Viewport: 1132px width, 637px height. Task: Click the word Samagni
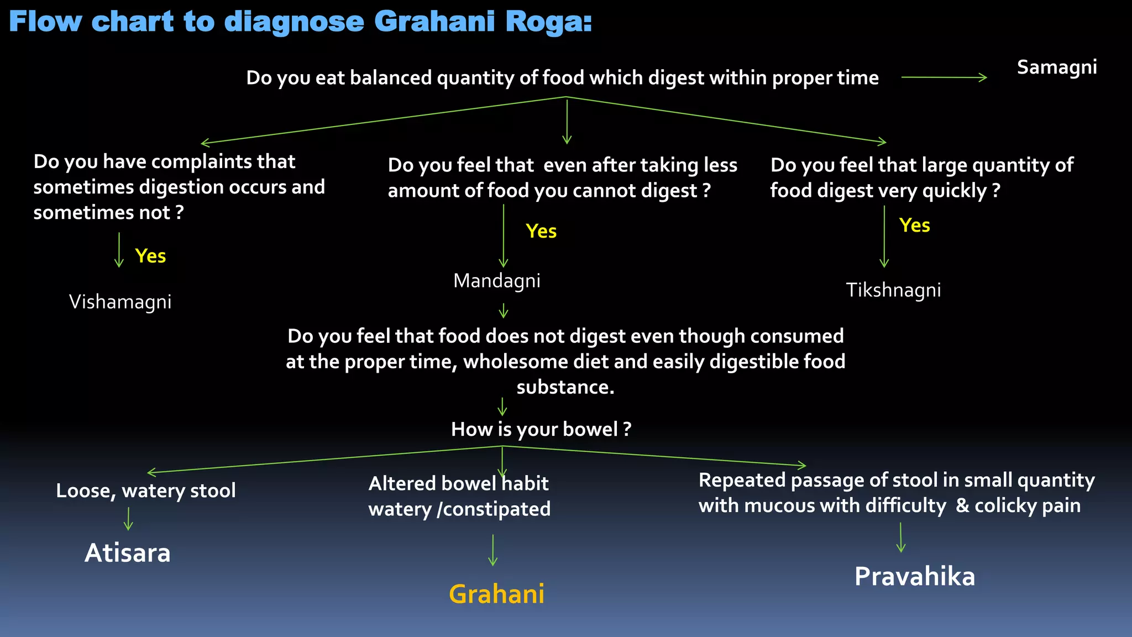pyautogui.click(x=1056, y=67)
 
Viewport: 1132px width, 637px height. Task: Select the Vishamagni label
pyautogui.click(x=120, y=302)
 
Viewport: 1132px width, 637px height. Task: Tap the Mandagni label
pyautogui.click(x=496, y=281)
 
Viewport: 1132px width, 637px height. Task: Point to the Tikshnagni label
pyautogui.click(x=893, y=290)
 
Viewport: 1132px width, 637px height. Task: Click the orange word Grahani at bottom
pyautogui.click(x=496, y=594)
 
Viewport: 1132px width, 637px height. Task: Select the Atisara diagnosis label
pyautogui.click(x=128, y=553)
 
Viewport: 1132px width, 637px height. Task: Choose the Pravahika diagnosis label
pyautogui.click(x=914, y=577)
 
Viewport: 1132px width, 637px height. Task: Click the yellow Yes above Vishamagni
pyautogui.click(x=150, y=256)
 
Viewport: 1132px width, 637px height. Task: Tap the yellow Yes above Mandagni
pyautogui.click(x=541, y=231)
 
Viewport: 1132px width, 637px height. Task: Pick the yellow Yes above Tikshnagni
pyautogui.click(x=914, y=226)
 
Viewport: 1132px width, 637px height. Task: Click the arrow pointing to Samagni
pyautogui.click(x=944, y=77)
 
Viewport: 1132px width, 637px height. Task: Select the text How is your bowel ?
pyautogui.click(x=541, y=430)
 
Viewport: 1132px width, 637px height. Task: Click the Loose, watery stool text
pyautogui.click(x=146, y=490)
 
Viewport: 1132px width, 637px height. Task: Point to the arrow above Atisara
pyautogui.click(x=128, y=519)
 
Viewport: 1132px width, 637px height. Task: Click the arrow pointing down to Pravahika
pyautogui.click(x=900, y=537)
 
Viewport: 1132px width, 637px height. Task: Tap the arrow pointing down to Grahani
pyautogui.click(x=492, y=550)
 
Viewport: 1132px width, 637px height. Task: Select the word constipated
pyautogui.click(x=496, y=509)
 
